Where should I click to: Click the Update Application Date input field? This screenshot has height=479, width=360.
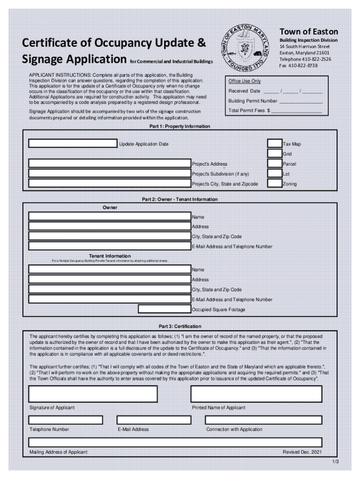(x=72, y=144)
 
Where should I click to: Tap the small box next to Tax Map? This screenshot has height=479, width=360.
(x=274, y=144)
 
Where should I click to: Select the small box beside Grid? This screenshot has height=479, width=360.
(x=274, y=153)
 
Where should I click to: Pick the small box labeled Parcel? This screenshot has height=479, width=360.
(x=274, y=164)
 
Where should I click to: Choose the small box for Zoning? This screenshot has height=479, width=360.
(x=274, y=184)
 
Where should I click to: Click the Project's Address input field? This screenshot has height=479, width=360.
(x=110, y=164)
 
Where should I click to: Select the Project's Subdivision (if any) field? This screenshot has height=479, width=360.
(x=110, y=174)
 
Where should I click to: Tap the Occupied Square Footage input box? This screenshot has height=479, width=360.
(x=165, y=309)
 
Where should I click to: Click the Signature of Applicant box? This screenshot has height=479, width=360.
(x=93, y=394)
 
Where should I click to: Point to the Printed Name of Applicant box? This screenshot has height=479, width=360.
(x=256, y=394)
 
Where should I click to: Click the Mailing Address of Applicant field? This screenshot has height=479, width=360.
(x=175, y=442)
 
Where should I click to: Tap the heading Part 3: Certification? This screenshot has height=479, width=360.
(x=180, y=326)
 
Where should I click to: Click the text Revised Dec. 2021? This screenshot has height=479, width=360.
(x=302, y=452)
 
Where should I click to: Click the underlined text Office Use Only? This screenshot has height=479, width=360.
(x=245, y=81)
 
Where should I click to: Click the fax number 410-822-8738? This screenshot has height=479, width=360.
(x=304, y=65)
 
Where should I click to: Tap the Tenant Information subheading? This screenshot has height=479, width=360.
(x=110, y=256)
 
